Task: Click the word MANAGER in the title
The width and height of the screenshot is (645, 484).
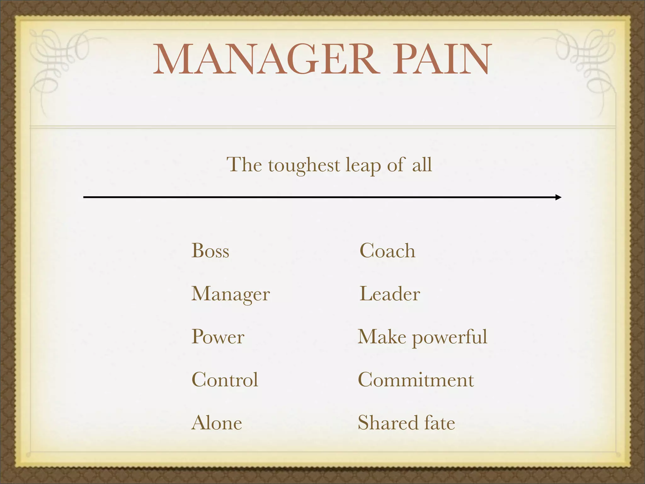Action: (x=266, y=60)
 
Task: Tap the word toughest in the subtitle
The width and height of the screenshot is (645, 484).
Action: (x=304, y=165)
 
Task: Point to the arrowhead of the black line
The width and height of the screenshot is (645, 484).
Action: (x=558, y=197)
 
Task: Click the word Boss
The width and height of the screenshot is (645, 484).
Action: (x=210, y=251)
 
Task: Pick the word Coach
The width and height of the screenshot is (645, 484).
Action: (x=387, y=251)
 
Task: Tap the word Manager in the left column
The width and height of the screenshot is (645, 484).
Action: (x=230, y=294)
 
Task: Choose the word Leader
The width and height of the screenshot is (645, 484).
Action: (x=389, y=294)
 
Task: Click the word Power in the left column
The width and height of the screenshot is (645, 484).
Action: (x=218, y=337)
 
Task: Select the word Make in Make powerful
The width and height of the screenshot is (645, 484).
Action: (x=382, y=337)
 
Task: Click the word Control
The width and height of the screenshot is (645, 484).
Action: (x=225, y=380)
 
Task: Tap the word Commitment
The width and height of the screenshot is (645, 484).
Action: (x=416, y=380)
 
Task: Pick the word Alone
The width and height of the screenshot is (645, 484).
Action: (x=217, y=423)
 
